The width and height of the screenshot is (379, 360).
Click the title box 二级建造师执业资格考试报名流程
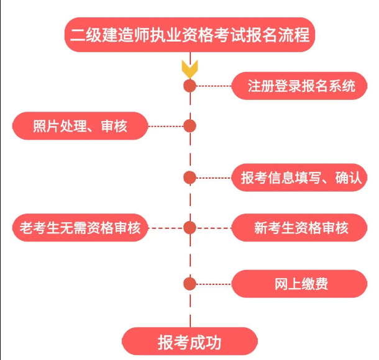190,34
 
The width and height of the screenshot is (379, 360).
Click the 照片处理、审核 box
80,126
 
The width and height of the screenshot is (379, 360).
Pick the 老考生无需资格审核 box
80,228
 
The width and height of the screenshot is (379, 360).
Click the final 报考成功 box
189,342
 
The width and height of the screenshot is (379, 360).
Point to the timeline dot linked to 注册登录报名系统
190,86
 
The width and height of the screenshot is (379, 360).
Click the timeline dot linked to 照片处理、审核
190,126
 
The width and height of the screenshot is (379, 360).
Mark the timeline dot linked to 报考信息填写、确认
190,178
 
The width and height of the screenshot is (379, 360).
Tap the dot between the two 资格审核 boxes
190,228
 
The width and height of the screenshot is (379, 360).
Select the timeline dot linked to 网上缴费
190,284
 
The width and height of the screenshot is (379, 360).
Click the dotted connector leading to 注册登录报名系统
214,86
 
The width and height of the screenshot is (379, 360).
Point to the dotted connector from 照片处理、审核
166,126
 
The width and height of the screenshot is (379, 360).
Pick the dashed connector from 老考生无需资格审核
166,228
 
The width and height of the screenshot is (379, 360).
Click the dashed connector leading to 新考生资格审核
214,228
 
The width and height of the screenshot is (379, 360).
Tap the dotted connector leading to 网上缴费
214,284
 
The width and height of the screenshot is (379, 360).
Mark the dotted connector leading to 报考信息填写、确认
214,178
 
